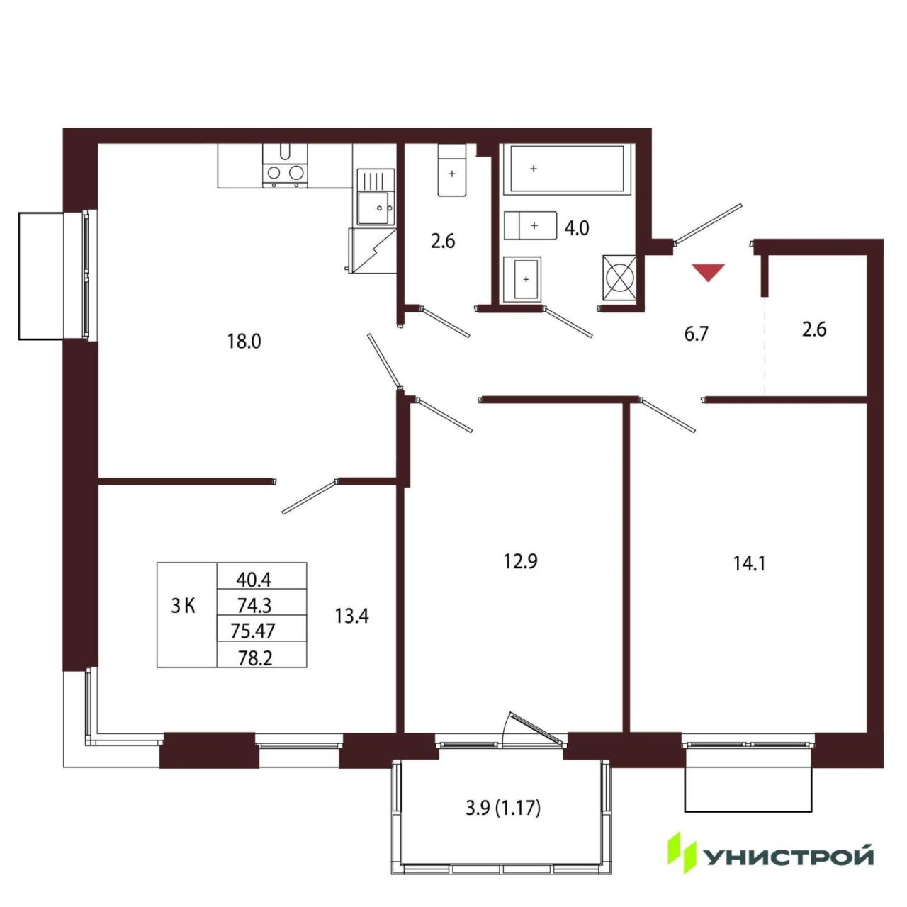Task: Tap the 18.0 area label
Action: click(244, 342)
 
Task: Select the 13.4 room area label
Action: click(351, 616)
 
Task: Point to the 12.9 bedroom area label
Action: click(521, 561)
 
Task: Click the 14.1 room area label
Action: click(749, 564)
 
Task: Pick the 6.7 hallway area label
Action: click(696, 334)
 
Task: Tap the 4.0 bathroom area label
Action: click(577, 229)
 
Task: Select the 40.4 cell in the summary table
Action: click(254, 580)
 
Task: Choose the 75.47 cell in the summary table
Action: click(253, 630)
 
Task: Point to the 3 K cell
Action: click(183, 607)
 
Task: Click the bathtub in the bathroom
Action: click(567, 169)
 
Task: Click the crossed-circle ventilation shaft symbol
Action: click(620, 278)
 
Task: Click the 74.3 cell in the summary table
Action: click(254, 605)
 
